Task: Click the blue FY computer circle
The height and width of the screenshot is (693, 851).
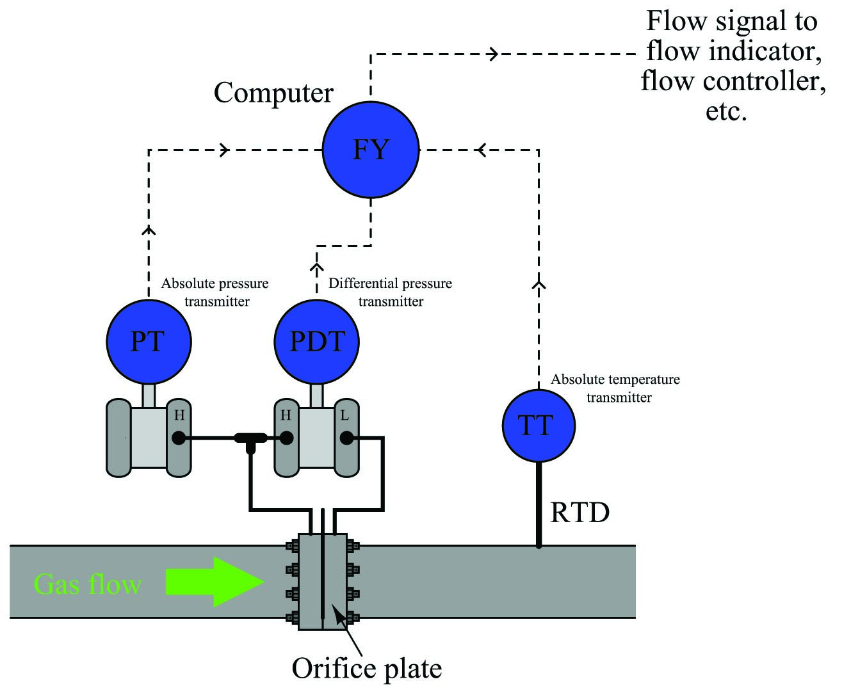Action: pos(370,150)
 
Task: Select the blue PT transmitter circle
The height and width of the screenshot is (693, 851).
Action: pos(149,342)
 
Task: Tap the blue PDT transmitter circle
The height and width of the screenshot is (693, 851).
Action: pos(316,342)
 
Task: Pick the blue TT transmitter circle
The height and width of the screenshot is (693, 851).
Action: pos(539,426)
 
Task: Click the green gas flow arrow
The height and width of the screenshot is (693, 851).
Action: pos(215,582)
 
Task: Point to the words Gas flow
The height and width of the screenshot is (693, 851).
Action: pos(88,584)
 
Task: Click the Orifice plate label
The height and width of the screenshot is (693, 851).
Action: pos(367,668)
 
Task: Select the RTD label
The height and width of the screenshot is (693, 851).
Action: pos(579,513)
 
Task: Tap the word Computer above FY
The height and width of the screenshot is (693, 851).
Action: pos(273,93)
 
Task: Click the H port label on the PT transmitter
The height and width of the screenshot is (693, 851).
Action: pos(179,415)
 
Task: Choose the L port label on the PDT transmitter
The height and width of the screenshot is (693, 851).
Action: pos(344,415)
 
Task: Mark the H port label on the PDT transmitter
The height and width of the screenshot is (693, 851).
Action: pos(285,415)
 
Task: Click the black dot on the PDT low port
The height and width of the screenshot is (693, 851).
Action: pos(346,438)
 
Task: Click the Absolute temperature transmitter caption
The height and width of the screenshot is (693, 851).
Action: pos(615,388)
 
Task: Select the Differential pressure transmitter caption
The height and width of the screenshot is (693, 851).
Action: pos(390,292)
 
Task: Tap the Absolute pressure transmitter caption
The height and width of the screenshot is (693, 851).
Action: pos(215,292)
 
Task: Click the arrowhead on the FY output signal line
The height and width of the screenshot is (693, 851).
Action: pos(494,54)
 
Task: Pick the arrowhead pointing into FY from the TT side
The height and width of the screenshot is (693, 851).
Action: pos(482,150)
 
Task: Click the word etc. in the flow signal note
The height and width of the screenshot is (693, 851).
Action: pos(726,111)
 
